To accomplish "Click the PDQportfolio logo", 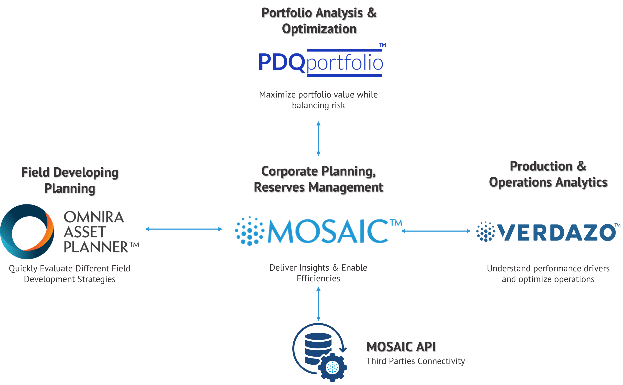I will coord(321,62).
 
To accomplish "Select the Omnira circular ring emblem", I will coord(27,231).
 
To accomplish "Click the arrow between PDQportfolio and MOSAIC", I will coord(318,138).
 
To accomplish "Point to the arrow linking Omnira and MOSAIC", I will coord(184,229).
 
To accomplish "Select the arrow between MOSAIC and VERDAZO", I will coord(436,231).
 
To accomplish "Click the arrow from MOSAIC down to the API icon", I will coord(318,304).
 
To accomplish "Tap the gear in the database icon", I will coord(332,367).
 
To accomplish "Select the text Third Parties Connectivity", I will coord(415,361).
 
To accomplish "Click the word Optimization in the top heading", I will coord(319,29).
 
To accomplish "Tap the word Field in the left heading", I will coord(36,172).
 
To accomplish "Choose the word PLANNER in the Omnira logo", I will coord(96,247).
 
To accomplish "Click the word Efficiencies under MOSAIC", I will coord(318,279).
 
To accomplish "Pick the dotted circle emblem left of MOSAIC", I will coord(249,231).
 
